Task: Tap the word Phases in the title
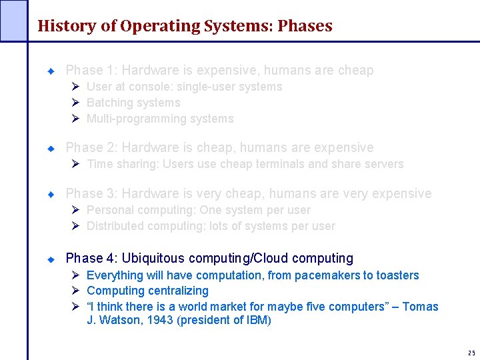[305, 26]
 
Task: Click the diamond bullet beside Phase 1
[50, 71]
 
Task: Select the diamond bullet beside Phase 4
[50, 259]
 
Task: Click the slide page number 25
[471, 353]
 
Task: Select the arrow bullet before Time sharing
[76, 164]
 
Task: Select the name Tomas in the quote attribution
[420, 307]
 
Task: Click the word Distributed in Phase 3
[114, 226]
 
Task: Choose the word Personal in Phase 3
[109, 210]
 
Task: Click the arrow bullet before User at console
[76, 87]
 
